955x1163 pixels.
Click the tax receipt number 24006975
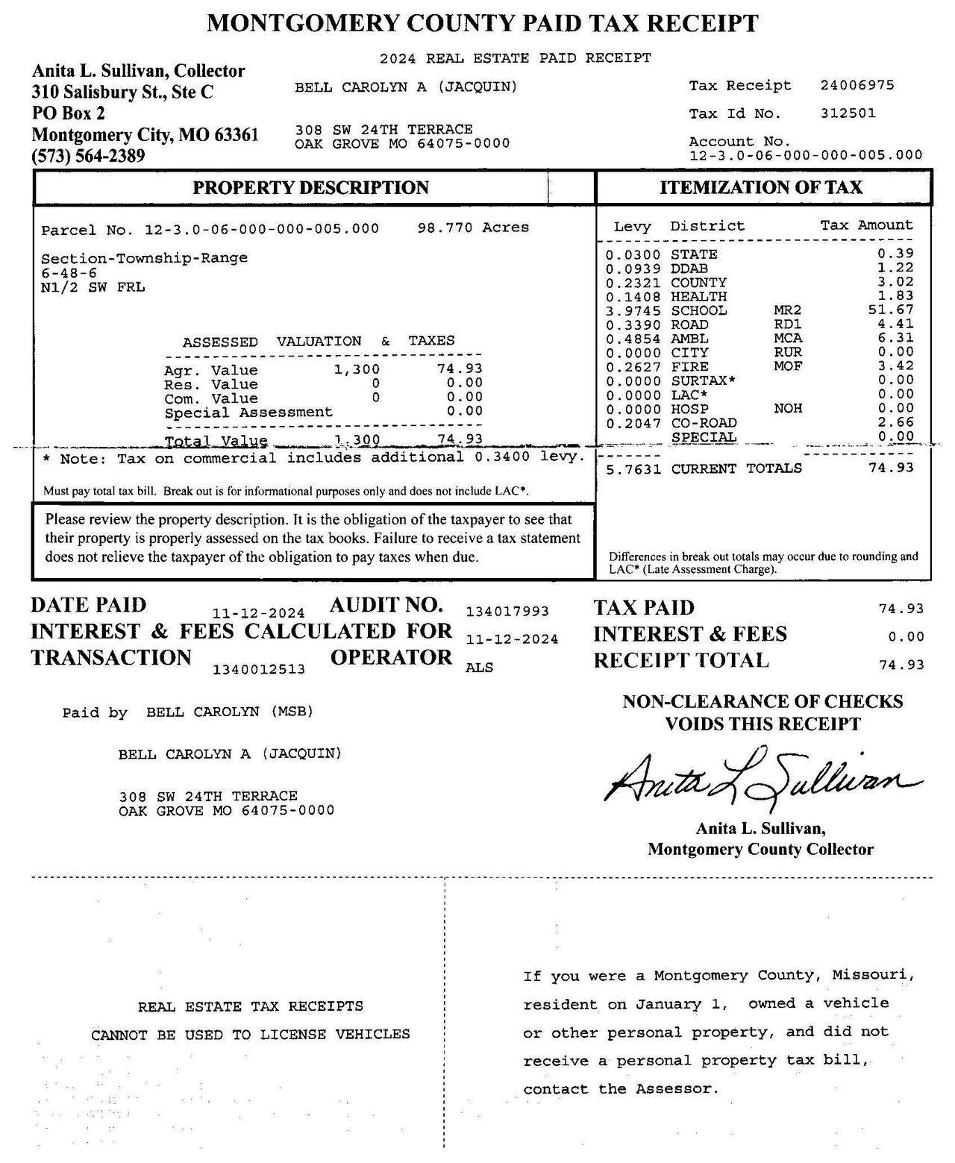click(857, 85)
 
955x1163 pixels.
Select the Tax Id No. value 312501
click(848, 113)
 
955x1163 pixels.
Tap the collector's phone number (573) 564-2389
click(88, 156)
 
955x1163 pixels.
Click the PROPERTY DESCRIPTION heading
click(310, 187)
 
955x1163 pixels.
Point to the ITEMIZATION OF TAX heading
click(760, 187)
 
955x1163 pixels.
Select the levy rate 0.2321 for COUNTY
click(633, 283)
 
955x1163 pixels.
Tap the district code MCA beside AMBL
click(788, 338)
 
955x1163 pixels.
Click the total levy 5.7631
click(633, 468)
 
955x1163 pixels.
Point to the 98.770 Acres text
click(473, 228)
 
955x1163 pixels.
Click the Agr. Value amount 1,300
click(357, 369)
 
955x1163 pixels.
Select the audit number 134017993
click(507, 612)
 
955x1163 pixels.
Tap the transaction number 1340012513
click(259, 669)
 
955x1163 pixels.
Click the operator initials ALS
click(479, 668)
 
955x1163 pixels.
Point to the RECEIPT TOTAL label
click(681, 660)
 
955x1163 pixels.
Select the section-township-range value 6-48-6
click(69, 273)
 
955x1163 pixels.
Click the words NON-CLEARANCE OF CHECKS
click(763, 701)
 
